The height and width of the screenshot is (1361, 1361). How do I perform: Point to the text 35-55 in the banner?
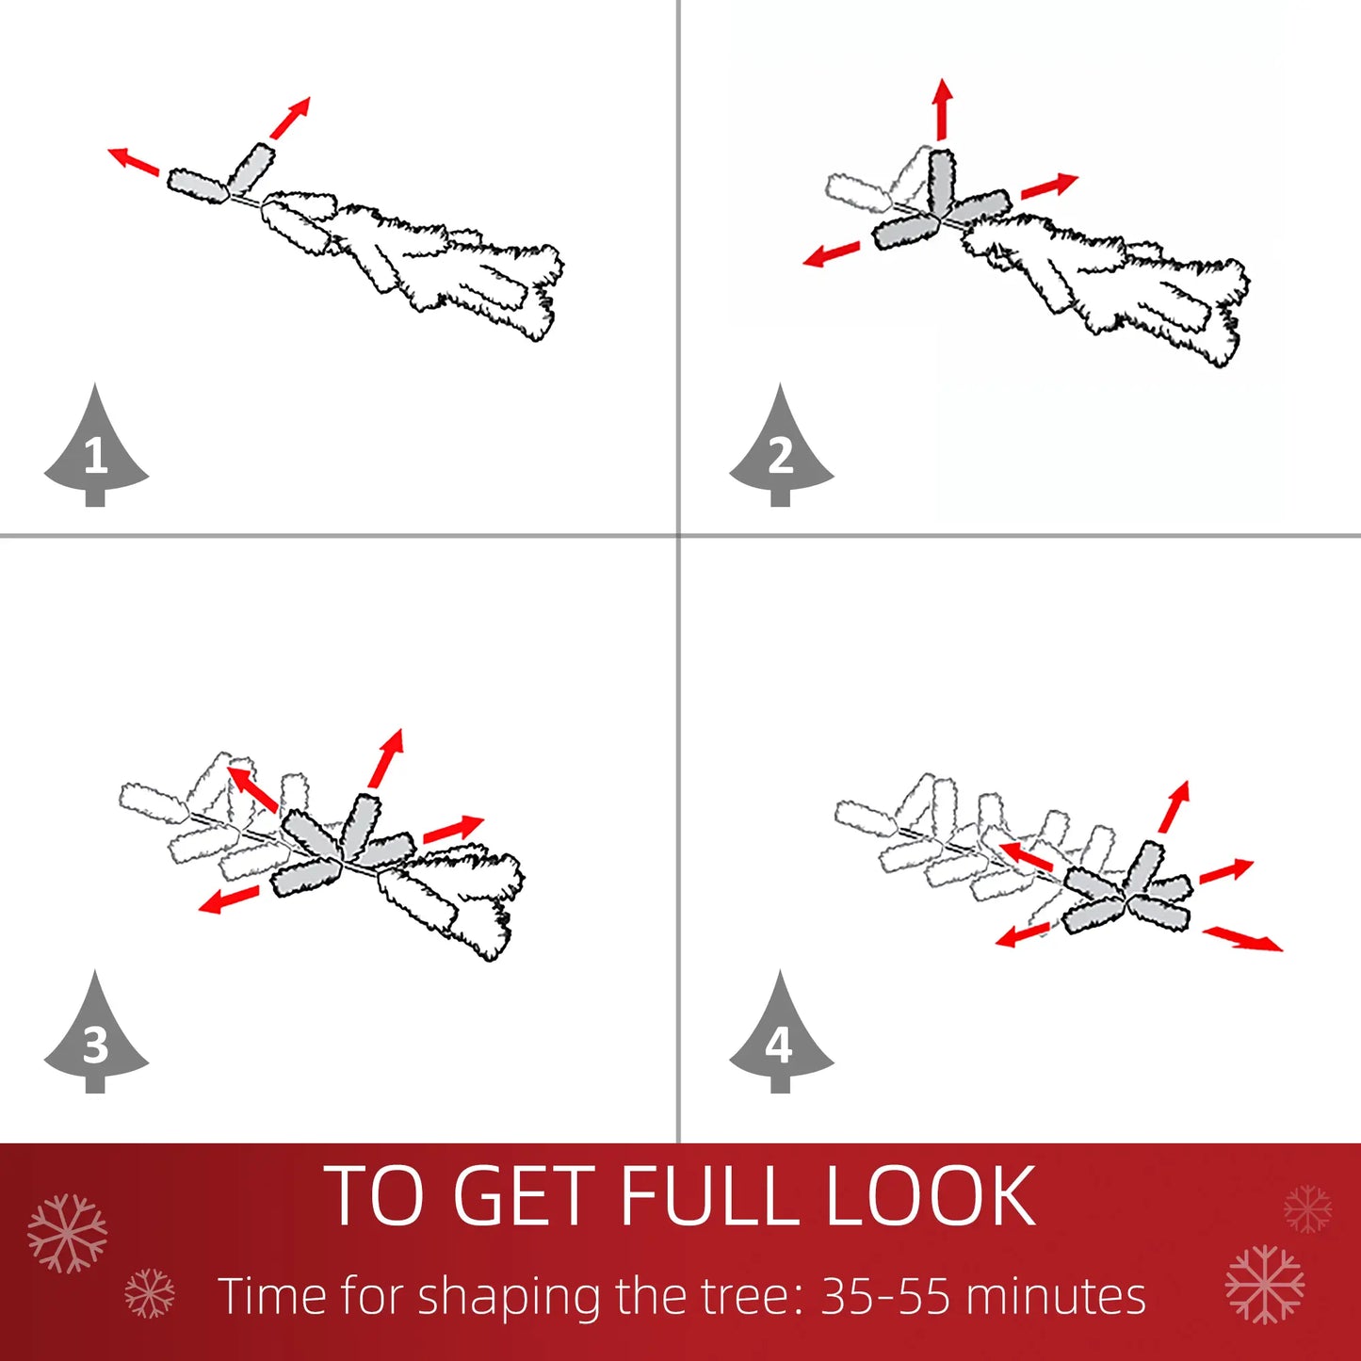[884, 1296]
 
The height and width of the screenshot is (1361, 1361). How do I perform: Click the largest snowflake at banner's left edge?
[67, 1233]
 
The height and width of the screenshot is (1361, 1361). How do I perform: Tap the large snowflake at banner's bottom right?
[1265, 1284]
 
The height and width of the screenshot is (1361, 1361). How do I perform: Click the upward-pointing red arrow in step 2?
[942, 109]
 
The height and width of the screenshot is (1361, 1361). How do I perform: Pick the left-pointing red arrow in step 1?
[133, 161]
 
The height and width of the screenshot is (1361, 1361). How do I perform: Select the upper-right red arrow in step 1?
[290, 118]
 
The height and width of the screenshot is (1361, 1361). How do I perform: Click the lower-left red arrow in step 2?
[832, 254]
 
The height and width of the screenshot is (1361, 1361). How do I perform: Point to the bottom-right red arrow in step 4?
[1243, 938]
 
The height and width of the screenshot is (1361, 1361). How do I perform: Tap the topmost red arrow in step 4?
[1174, 806]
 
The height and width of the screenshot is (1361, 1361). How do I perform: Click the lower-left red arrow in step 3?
[229, 899]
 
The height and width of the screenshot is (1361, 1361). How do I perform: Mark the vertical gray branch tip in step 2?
[941, 179]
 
